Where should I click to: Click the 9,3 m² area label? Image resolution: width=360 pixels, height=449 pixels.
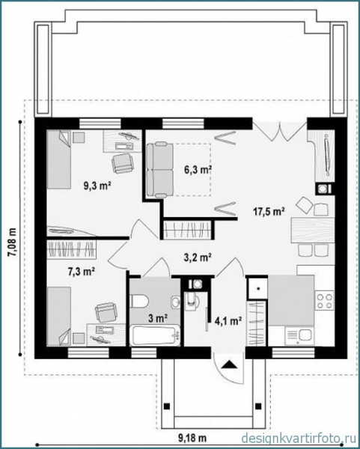coord(97,186)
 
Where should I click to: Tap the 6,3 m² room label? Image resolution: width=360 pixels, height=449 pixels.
coord(198,170)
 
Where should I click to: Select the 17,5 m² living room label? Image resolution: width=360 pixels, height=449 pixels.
coord(269,212)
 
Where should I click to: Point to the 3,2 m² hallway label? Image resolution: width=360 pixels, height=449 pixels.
coord(198,257)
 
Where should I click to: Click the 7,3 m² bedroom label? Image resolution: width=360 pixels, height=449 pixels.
coord(82,271)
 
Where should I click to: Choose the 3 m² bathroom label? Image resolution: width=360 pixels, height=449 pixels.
coord(158,319)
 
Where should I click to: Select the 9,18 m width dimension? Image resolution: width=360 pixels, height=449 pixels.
coord(192,438)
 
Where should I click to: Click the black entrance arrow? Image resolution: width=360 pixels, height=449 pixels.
coord(229,364)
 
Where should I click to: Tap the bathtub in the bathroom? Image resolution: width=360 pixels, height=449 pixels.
coord(155,335)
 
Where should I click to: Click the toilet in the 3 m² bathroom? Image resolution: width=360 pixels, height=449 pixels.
coord(139,302)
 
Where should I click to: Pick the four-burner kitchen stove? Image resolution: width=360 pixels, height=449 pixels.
coord(325,301)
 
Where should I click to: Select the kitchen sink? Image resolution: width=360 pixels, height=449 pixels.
coord(299,337)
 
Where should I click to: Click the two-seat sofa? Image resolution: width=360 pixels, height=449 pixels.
coord(160,171)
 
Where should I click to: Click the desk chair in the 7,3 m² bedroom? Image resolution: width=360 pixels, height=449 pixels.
coord(106,313)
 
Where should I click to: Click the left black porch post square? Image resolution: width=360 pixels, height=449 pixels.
coord(166,406)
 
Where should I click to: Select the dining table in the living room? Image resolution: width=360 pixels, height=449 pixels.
coord(313,230)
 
